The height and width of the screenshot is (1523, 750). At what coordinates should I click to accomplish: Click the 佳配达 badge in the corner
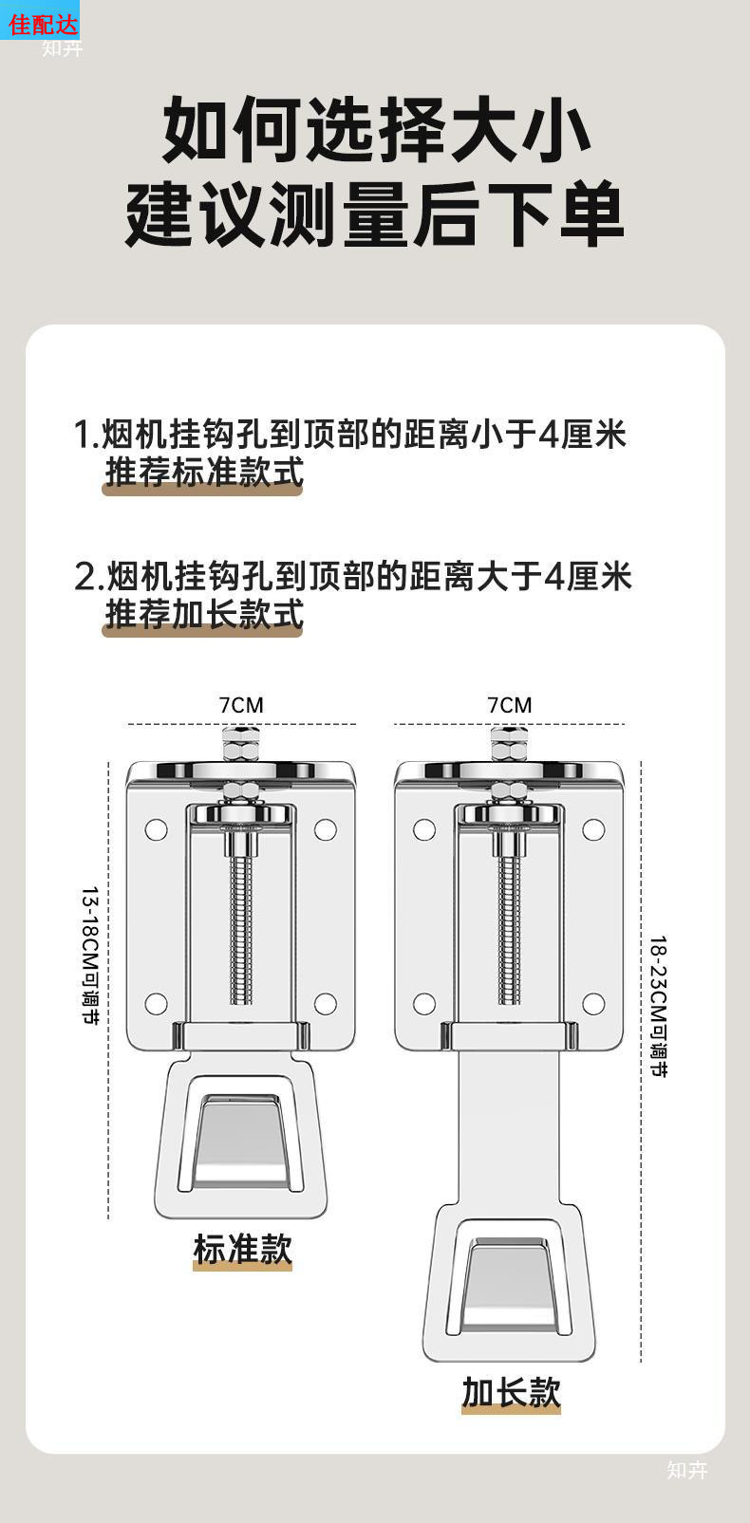tap(42, 21)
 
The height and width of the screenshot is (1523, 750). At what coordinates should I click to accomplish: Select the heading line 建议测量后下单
tap(376, 214)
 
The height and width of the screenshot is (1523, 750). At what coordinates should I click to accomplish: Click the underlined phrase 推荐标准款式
tap(203, 472)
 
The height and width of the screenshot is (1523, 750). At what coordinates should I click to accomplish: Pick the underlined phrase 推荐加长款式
tap(203, 614)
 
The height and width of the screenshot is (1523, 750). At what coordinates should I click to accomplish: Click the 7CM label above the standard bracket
tap(241, 705)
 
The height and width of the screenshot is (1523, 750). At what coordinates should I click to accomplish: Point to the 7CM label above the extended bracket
tap(510, 705)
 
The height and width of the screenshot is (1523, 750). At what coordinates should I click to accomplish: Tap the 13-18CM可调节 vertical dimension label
tap(90, 956)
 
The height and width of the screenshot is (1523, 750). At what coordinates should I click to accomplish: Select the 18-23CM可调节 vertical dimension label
tap(658, 1006)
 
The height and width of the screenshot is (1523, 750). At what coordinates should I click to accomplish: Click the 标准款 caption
tap(242, 1249)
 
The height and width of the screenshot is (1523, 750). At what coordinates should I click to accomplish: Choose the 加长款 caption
tap(511, 1392)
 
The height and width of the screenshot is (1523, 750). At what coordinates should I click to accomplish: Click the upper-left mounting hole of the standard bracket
tap(157, 830)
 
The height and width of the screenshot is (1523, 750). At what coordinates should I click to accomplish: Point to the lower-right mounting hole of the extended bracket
tap(593, 1003)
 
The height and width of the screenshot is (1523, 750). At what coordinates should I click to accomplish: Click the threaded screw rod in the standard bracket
tap(241, 925)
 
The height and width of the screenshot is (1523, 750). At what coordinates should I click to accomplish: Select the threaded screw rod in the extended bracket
tap(510, 925)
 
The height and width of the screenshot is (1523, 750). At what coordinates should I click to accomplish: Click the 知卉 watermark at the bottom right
tap(687, 1470)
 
